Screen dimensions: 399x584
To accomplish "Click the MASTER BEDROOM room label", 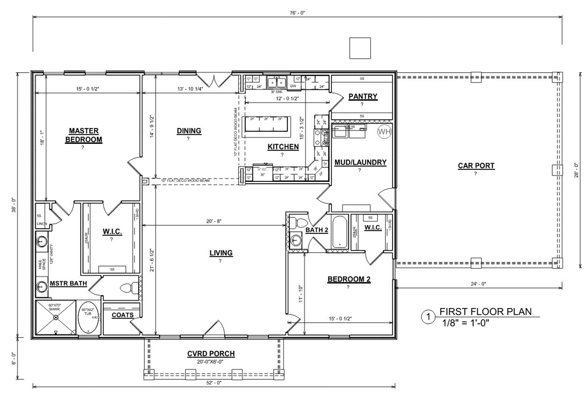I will pos(83,135).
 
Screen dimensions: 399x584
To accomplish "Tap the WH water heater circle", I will pos(384,131).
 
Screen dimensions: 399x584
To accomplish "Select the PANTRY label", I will pos(363,96).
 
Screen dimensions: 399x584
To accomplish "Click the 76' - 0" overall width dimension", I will pos(297,13).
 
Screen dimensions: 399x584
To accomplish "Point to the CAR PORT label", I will pos(476,166).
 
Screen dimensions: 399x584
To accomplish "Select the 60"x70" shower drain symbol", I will pos(56,317).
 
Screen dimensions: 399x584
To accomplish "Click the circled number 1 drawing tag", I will pos(428,317).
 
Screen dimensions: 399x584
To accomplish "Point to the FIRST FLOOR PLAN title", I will pos(485,312).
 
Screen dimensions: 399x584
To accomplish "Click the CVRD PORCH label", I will pos(211,354).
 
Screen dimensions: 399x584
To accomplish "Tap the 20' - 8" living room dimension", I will pos(214,221).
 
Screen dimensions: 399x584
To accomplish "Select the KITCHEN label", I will pos(283,147).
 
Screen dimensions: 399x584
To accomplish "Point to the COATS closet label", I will pos(122,315).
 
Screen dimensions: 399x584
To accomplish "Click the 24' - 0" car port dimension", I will pos(478,284).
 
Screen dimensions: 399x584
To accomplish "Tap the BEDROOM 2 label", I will pos(349,279).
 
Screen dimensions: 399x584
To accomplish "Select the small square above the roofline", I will pos(360,48).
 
